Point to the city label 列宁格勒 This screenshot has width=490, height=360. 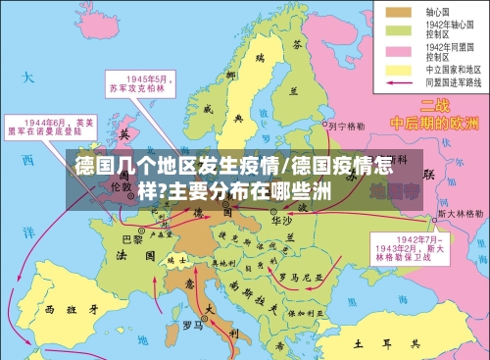pyautogui.click(x=346, y=125)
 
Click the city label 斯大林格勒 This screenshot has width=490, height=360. pyautogui.click(x=459, y=212)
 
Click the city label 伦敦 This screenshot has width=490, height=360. pyautogui.click(x=121, y=184)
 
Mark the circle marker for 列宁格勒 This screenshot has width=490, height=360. pyautogui.click(x=320, y=127)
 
